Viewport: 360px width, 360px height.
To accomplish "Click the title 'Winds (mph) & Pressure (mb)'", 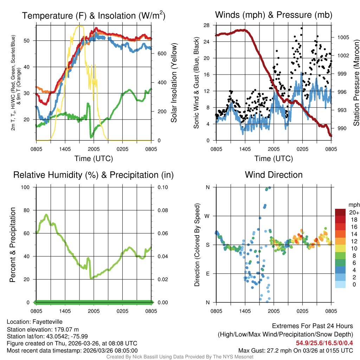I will [274, 15].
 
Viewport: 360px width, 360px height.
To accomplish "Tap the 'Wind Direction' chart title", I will [274, 175].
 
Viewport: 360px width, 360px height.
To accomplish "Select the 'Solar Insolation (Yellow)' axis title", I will [174, 83].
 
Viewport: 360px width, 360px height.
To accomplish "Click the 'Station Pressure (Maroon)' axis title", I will [356, 83].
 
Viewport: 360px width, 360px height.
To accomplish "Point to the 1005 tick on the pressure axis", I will [342, 37].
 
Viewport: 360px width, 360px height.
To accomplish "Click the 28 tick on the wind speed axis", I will [207, 25].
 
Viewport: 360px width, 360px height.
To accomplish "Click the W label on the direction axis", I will [207, 216].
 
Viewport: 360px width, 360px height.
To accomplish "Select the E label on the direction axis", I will [207, 274].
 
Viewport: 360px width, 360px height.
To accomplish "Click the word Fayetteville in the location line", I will [47, 322].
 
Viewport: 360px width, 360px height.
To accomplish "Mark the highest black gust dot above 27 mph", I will [302, 28].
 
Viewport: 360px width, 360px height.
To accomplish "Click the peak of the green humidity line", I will [46, 214].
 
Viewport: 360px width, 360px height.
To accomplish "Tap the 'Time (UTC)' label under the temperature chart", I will [94, 159].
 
